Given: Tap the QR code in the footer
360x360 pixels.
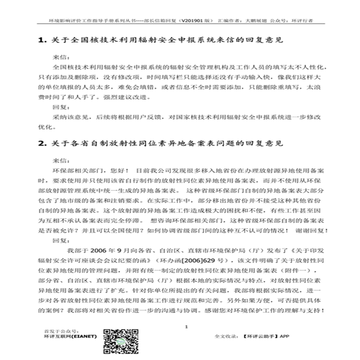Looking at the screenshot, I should pyautogui.click(x=116, y=339).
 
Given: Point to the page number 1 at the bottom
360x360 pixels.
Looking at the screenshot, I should pyautogui.click(x=186, y=327).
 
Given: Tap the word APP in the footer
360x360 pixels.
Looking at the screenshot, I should pyautogui.click(x=299, y=336).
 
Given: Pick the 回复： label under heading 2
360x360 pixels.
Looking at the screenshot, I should pyautogui.click(x=60, y=240).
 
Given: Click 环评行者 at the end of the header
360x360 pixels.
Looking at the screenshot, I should pyautogui.click(x=302, y=21).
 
